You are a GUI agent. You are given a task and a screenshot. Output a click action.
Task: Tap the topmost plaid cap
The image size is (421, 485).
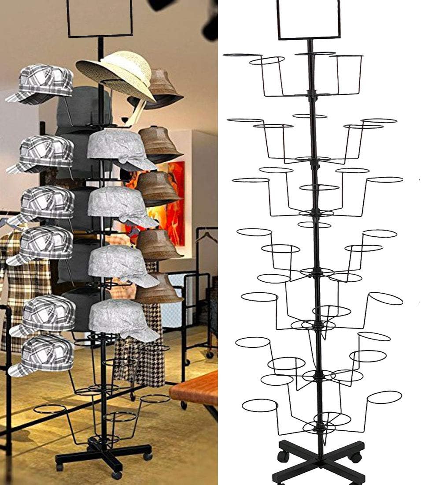coord(42,84)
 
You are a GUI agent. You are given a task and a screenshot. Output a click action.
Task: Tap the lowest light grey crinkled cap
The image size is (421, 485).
coord(123,320)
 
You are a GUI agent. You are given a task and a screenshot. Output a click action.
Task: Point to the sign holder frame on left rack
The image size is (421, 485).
coord(100,18)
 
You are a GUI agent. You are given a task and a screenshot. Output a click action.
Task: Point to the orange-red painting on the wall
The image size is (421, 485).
coord(174,203)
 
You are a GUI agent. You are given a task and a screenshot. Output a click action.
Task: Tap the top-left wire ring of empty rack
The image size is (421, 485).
coord(242,55)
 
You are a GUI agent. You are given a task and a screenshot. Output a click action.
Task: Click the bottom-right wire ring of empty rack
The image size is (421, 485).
coord(384,397)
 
